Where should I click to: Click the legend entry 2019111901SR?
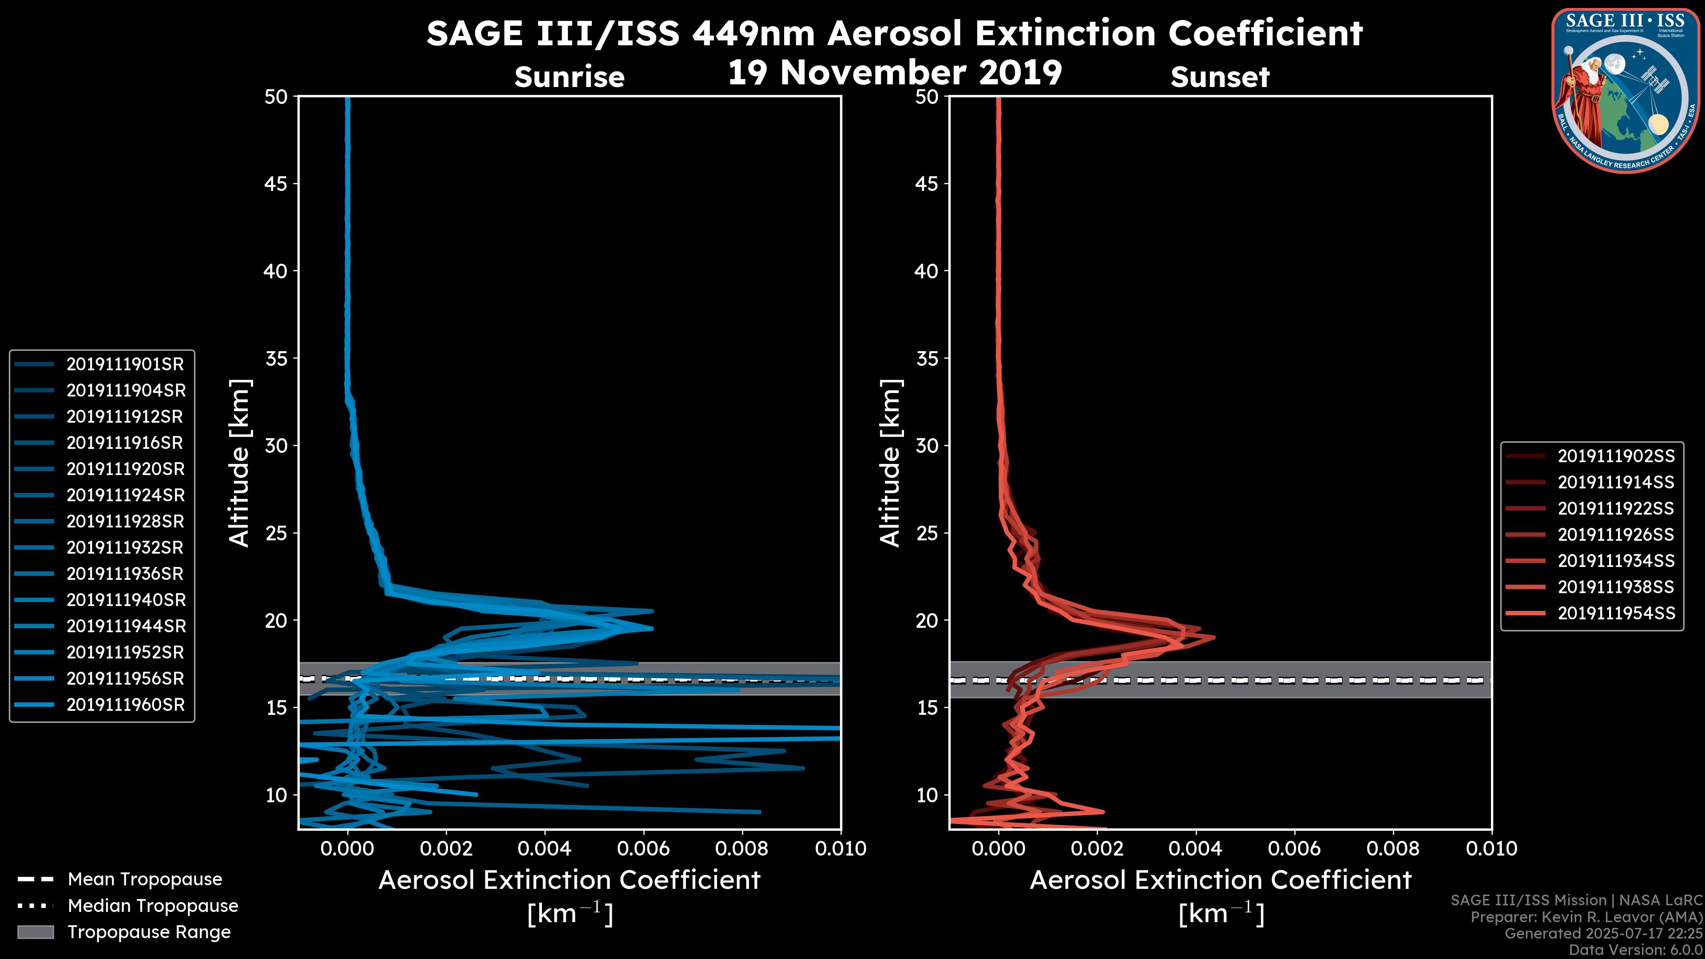click(125, 364)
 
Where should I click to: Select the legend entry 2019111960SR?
click(125, 705)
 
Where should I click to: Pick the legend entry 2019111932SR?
click(125, 548)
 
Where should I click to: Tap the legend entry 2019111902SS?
click(1616, 456)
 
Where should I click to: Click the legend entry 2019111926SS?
click(1616, 535)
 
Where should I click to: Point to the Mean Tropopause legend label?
click(145, 880)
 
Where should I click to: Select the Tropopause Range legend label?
click(149, 932)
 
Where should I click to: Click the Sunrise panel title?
click(569, 77)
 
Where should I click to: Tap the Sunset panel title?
click(1220, 77)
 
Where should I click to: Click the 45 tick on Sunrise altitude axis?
click(276, 183)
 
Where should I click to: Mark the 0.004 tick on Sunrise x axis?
click(544, 848)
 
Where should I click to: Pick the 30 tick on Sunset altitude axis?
click(927, 445)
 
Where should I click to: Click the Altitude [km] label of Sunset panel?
click(890, 463)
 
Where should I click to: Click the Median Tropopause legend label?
click(153, 906)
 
